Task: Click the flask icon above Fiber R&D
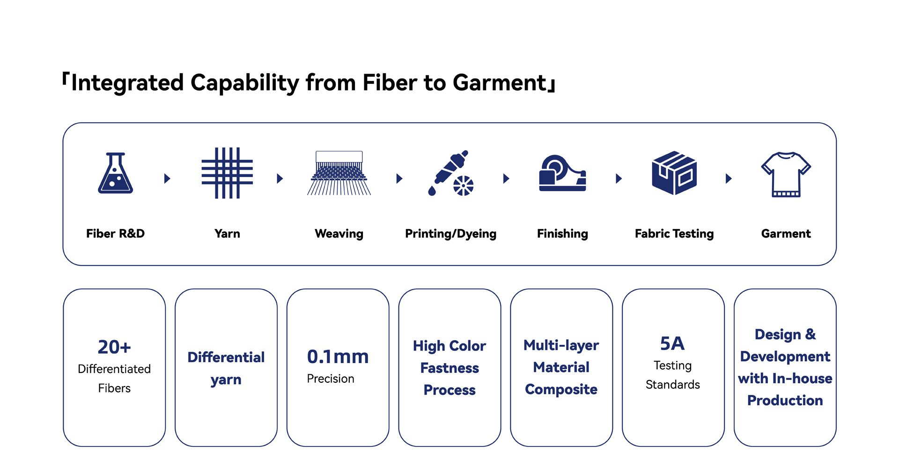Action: click(x=115, y=173)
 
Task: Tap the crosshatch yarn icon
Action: click(x=227, y=173)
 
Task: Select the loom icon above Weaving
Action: click(x=339, y=173)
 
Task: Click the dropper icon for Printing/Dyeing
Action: click(x=450, y=173)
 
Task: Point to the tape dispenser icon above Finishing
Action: click(x=562, y=173)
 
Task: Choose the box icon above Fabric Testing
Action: click(x=674, y=173)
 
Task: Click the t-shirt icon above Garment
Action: click(x=786, y=174)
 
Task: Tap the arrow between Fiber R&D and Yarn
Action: click(x=167, y=178)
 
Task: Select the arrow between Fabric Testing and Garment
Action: click(x=729, y=178)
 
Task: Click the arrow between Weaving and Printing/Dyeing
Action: click(x=399, y=178)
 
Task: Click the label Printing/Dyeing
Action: click(x=450, y=234)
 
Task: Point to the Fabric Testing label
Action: click(x=674, y=234)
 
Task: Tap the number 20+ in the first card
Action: click(x=114, y=347)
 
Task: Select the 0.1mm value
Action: click(x=338, y=357)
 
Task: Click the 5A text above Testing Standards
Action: click(x=672, y=344)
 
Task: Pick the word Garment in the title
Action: click(x=500, y=83)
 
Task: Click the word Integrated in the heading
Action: click(x=127, y=83)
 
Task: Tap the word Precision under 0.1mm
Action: click(x=331, y=379)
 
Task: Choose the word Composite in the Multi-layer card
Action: click(x=561, y=389)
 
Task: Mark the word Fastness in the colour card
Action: click(x=449, y=368)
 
